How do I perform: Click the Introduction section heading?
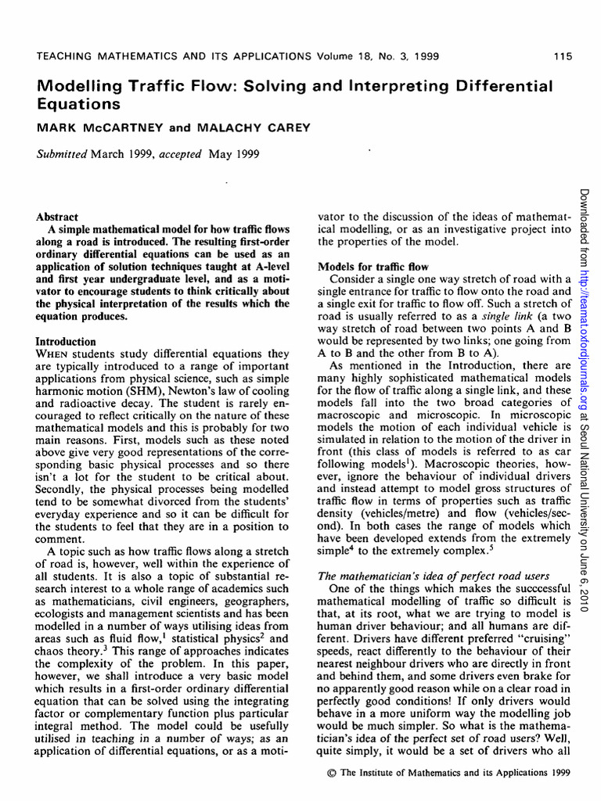pyautogui.click(x=67, y=342)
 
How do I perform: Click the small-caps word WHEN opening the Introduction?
pyautogui.click(x=54, y=355)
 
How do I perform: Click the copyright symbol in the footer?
pyautogui.click(x=331, y=774)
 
